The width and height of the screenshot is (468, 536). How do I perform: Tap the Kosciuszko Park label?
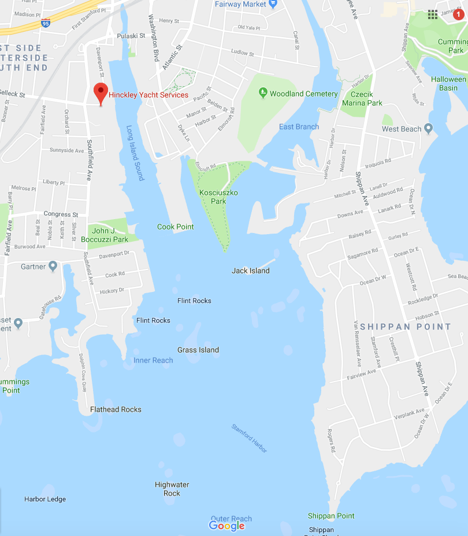point(211,197)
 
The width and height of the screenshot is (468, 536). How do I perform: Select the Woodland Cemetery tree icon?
point(263,93)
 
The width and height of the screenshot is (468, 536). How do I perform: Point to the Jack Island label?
point(251,271)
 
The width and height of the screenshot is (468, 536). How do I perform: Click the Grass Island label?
point(198,350)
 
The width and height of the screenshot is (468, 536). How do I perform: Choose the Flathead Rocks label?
point(116,409)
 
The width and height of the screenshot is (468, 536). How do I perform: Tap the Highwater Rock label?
point(172,489)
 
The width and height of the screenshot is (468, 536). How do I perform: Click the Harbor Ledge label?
point(45,499)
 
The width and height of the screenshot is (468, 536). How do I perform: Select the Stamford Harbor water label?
point(249,438)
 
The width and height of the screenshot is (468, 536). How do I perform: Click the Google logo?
point(227,526)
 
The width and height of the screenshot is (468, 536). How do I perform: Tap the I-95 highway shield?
point(46,23)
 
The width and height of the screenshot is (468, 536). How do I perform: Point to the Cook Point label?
point(176,227)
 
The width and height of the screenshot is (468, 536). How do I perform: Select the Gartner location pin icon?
point(53,267)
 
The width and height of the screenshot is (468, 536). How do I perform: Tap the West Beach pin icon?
point(428,128)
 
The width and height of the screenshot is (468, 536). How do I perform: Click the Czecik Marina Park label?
point(362,98)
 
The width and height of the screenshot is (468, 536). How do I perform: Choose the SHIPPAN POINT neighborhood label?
point(406,327)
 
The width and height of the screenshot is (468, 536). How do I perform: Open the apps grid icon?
point(433,14)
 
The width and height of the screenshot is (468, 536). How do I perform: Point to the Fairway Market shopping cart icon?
point(273,4)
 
